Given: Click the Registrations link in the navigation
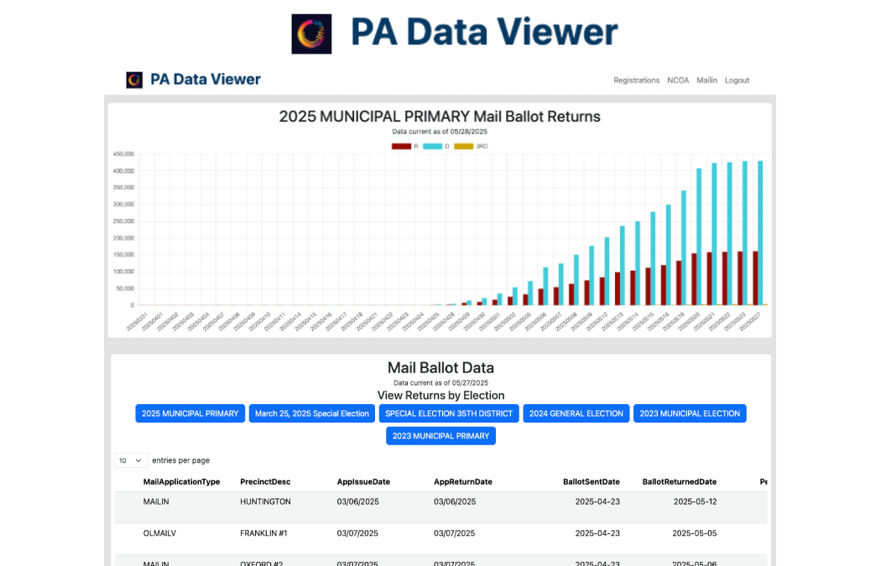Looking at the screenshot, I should click(x=636, y=80).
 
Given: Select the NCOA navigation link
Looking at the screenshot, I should click(x=678, y=80).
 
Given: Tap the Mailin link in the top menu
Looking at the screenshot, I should click(x=706, y=80).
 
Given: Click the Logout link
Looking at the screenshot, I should click(x=737, y=80).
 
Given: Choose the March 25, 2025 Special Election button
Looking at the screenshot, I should click(x=312, y=413).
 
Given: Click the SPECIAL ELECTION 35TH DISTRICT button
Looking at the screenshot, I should click(x=449, y=413).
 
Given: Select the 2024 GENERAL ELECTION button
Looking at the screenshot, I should click(x=576, y=413).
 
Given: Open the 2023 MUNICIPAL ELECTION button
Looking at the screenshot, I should click(x=690, y=413).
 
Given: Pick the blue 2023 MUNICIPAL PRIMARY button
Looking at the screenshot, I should click(x=440, y=436).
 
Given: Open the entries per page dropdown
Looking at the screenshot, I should click(x=131, y=460).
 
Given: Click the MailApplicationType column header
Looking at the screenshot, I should click(x=181, y=482).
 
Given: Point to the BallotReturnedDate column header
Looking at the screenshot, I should click(x=679, y=482).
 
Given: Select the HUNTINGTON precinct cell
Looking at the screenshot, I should click(x=265, y=501).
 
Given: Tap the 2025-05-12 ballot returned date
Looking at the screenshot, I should click(x=695, y=501).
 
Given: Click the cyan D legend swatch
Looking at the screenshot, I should click(x=432, y=146).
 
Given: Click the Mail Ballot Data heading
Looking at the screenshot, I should click(x=440, y=367).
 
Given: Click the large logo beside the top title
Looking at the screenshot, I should click(x=311, y=34).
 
